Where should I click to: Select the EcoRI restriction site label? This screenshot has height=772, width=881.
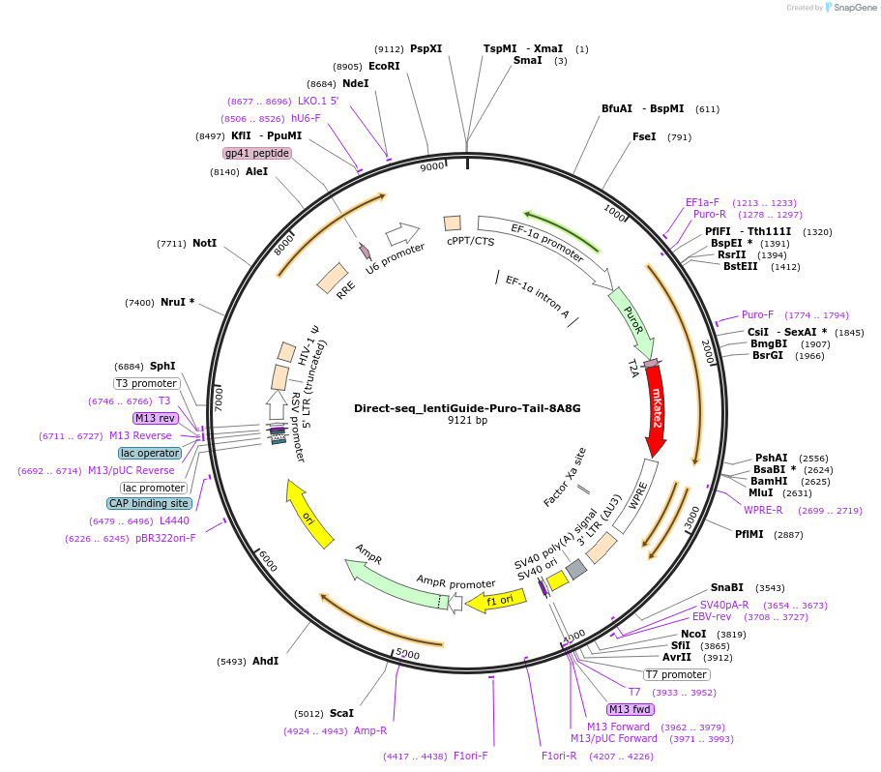click(x=384, y=66)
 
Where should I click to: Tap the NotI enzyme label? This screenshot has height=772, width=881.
click(x=204, y=243)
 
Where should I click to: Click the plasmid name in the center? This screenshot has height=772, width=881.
click(x=467, y=408)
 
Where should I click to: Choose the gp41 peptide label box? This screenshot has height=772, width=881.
click(x=257, y=153)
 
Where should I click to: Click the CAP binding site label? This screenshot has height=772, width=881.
click(x=149, y=503)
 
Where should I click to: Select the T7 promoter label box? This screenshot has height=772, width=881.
click(x=677, y=674)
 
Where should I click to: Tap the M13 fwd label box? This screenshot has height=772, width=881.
click(x=631, y=710)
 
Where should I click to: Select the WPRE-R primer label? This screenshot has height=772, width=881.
click(x=763, y=510)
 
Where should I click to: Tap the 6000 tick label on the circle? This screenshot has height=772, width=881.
click(x=267, y=561)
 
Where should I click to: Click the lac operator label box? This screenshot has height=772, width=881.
click(x=150, y=453)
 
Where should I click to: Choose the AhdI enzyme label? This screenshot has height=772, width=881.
click(x=265, y=661)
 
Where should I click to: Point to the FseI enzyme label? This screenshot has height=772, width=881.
click(x=644, y=136)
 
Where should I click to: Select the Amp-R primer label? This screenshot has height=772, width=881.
click(x=370, y=730)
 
